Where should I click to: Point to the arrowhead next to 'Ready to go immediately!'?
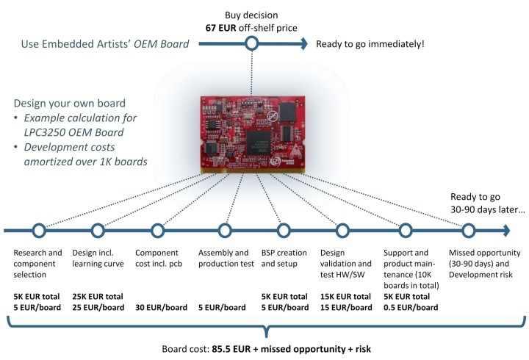(x=304, y=43)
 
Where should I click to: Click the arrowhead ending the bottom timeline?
(x=506, y=231)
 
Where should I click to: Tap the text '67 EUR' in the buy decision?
(x=220, y=28)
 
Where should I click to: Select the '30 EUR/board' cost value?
(x=161, y=307)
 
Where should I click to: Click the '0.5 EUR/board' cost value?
(x=411, y=307)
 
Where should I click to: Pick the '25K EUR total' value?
(x=98, y=297)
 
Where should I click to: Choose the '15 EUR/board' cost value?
(x=346, y=307)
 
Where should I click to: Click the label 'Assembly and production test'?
(x=226, y=258)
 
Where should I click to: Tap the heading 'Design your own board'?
(x=70, y=103)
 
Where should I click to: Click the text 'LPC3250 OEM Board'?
(x=74, y=132)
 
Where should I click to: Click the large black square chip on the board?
(x=259, y=143)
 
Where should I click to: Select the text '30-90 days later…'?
(x=488, y=209)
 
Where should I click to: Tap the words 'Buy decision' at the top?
(x=251, y=15)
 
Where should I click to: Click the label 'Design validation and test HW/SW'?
(x=346, y=264)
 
